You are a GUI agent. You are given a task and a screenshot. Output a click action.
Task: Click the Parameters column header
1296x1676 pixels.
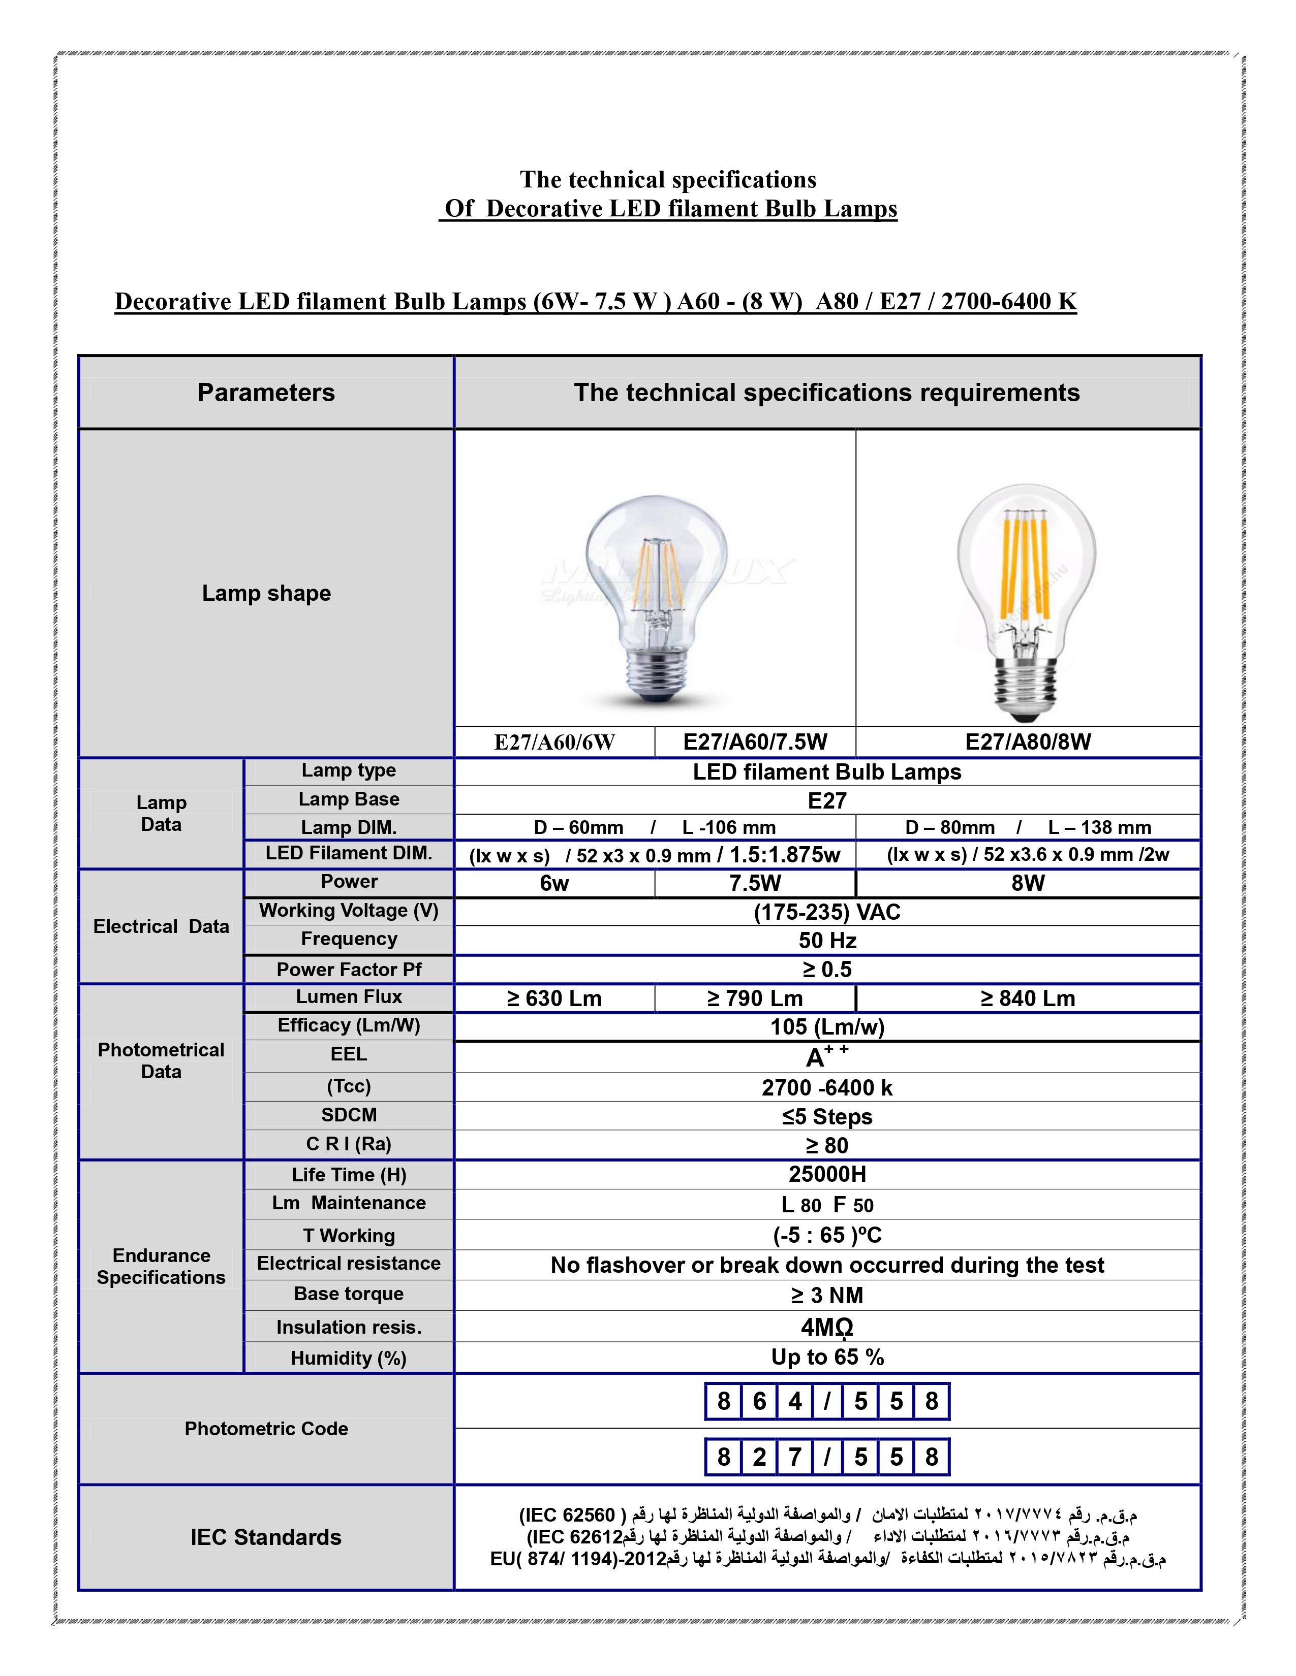click(266, 393)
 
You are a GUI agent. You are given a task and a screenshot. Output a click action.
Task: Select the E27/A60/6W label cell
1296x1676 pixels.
click(554, 742)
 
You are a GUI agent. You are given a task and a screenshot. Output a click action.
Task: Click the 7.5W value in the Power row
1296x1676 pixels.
click(755, 883)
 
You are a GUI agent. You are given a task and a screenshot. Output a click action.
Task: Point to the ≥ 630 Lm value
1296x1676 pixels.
click(554, 998)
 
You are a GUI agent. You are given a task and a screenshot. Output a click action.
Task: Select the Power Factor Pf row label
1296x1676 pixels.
click(349, 970)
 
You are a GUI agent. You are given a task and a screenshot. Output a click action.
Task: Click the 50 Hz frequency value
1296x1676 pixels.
click(827, 941)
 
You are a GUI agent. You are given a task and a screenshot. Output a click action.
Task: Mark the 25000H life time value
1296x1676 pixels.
click(827, 1174)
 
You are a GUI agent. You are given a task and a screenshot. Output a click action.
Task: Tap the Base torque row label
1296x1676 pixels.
click(349, 1294)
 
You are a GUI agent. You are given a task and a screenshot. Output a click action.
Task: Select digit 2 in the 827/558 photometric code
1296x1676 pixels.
click(759, 1457)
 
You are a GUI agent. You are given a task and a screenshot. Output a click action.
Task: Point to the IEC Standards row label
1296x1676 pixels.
click(266, 1538)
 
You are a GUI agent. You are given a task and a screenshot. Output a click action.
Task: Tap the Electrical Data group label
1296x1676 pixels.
click(161, 927)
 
